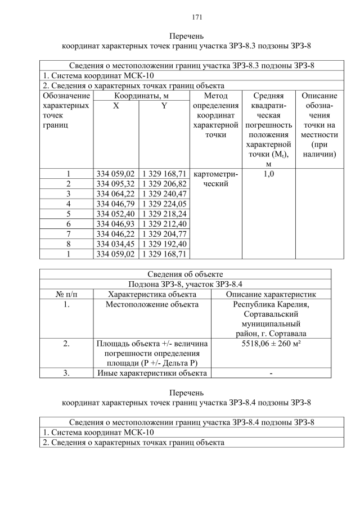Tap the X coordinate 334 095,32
pos(115,184)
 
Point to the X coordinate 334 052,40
pos(115,214)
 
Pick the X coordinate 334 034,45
pos(115,244)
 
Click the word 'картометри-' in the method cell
pos(216,174)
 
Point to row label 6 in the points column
pos(68,224)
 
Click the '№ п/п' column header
pos(66,294)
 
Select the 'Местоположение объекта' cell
pos(152,305)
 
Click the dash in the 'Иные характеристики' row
pos(271,373)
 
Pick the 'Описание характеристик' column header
pos(271,294)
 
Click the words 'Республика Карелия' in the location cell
pos(271,305)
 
